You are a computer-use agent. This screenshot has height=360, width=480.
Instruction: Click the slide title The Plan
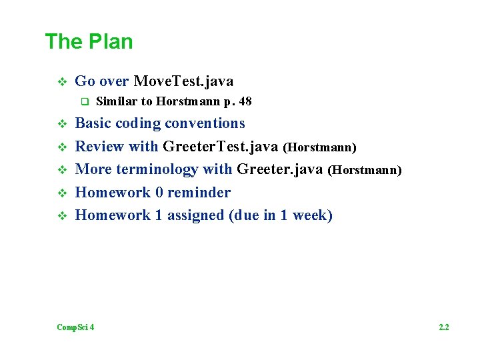pyautogui.click(x=89, y=41)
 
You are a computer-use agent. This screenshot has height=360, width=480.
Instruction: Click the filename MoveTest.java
pyautogui.click(x=183, y=82)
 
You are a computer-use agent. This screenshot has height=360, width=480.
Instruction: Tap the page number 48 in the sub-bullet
pyautogui.click(x=245, y=102)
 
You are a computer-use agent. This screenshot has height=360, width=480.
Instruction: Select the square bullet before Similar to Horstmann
pyautogui.click(x=85, y=102)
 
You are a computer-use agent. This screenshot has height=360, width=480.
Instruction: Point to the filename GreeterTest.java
pyautogui.click(x=221, y=147)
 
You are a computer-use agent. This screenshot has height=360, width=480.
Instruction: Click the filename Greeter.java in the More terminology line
pyautogui.click(x=280, y=170)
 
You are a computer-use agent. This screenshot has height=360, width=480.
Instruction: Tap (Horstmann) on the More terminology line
pyautogui.click(x=365, y=171)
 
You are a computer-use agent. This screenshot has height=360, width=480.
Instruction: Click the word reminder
pyautogui.click(x=199, y=193)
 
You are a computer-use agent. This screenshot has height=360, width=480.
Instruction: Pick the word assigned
pyautogui.click(x=194, y=215)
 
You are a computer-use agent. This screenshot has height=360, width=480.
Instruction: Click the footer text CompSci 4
pyautogui.click(x=75, y=327)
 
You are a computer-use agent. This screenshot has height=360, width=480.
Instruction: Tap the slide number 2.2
pyautogui.click(x=443, y=327)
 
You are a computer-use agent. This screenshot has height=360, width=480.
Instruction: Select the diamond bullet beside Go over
pyautogui.click(x=61, y=82)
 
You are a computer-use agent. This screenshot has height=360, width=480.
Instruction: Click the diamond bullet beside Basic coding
pyautogui.click(x=61, y=124)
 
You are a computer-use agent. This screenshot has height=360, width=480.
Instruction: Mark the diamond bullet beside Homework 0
pyautogui.click(x=61, y=193)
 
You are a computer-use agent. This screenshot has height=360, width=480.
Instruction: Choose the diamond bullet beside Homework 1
pyautogui.click(x=61, y=216)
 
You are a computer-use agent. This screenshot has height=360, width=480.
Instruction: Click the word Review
pyautogui.click(x=97, y=147)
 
